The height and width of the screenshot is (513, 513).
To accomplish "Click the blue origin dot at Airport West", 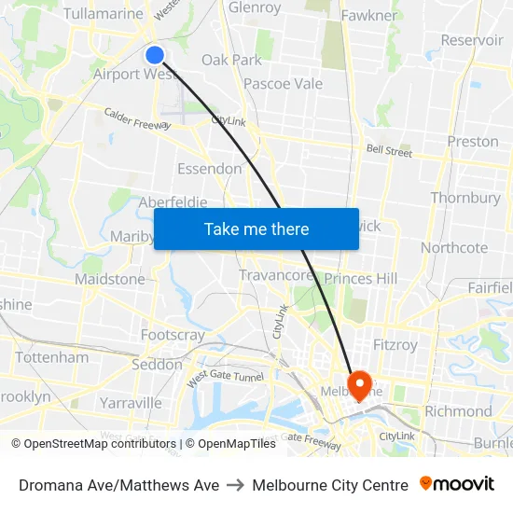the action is (x=155, y=55).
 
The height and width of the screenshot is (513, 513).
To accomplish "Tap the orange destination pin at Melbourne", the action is (x=359, y=383).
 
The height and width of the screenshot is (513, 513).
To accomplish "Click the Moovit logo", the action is (x=457, y=484).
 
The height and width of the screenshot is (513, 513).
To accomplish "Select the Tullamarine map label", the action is (x=104, y=14).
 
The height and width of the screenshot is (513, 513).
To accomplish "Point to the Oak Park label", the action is (x=231, y=60).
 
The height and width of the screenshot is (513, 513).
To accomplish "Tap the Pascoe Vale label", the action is (x=283, y=84).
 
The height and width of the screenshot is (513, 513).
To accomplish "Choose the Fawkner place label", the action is (x=369, y=16).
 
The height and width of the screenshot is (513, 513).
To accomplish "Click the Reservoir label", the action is (x=472, y=40).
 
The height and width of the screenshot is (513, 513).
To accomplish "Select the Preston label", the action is (x=473, y=142).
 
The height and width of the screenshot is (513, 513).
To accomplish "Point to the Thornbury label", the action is (x=465, y=198).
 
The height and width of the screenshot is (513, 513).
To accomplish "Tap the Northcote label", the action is (x=454, y=248).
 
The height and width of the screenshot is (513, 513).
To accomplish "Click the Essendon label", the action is (x=209, y=169).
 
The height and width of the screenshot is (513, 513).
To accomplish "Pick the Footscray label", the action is (x=173, y=335).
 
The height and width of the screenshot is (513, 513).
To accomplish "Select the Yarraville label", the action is (x=130, y=403).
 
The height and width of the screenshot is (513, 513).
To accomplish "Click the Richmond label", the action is (x=458, y=410).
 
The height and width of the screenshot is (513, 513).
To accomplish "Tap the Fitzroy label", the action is (x=395, y=345).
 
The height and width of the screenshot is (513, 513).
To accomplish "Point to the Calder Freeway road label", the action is (x=137, y=118).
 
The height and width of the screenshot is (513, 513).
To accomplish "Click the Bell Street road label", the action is (x=389, y=149).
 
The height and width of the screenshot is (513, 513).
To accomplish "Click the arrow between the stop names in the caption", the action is (x=235, y=485).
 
